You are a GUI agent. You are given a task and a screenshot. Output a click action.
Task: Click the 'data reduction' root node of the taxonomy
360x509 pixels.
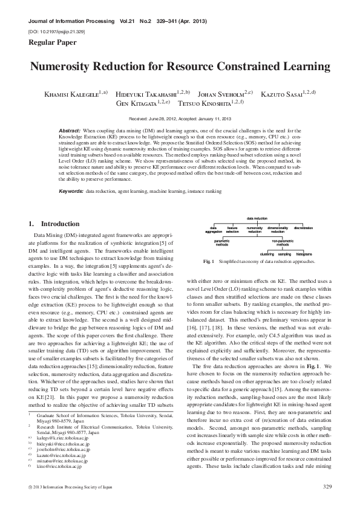tap(257, 218)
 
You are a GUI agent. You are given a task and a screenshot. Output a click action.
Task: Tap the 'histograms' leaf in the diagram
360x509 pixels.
tap(304, 254)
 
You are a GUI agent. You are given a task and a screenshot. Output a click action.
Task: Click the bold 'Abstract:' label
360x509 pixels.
tap(70, 131)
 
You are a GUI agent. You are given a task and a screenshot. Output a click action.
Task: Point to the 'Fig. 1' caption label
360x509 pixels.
tap(209, 262)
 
